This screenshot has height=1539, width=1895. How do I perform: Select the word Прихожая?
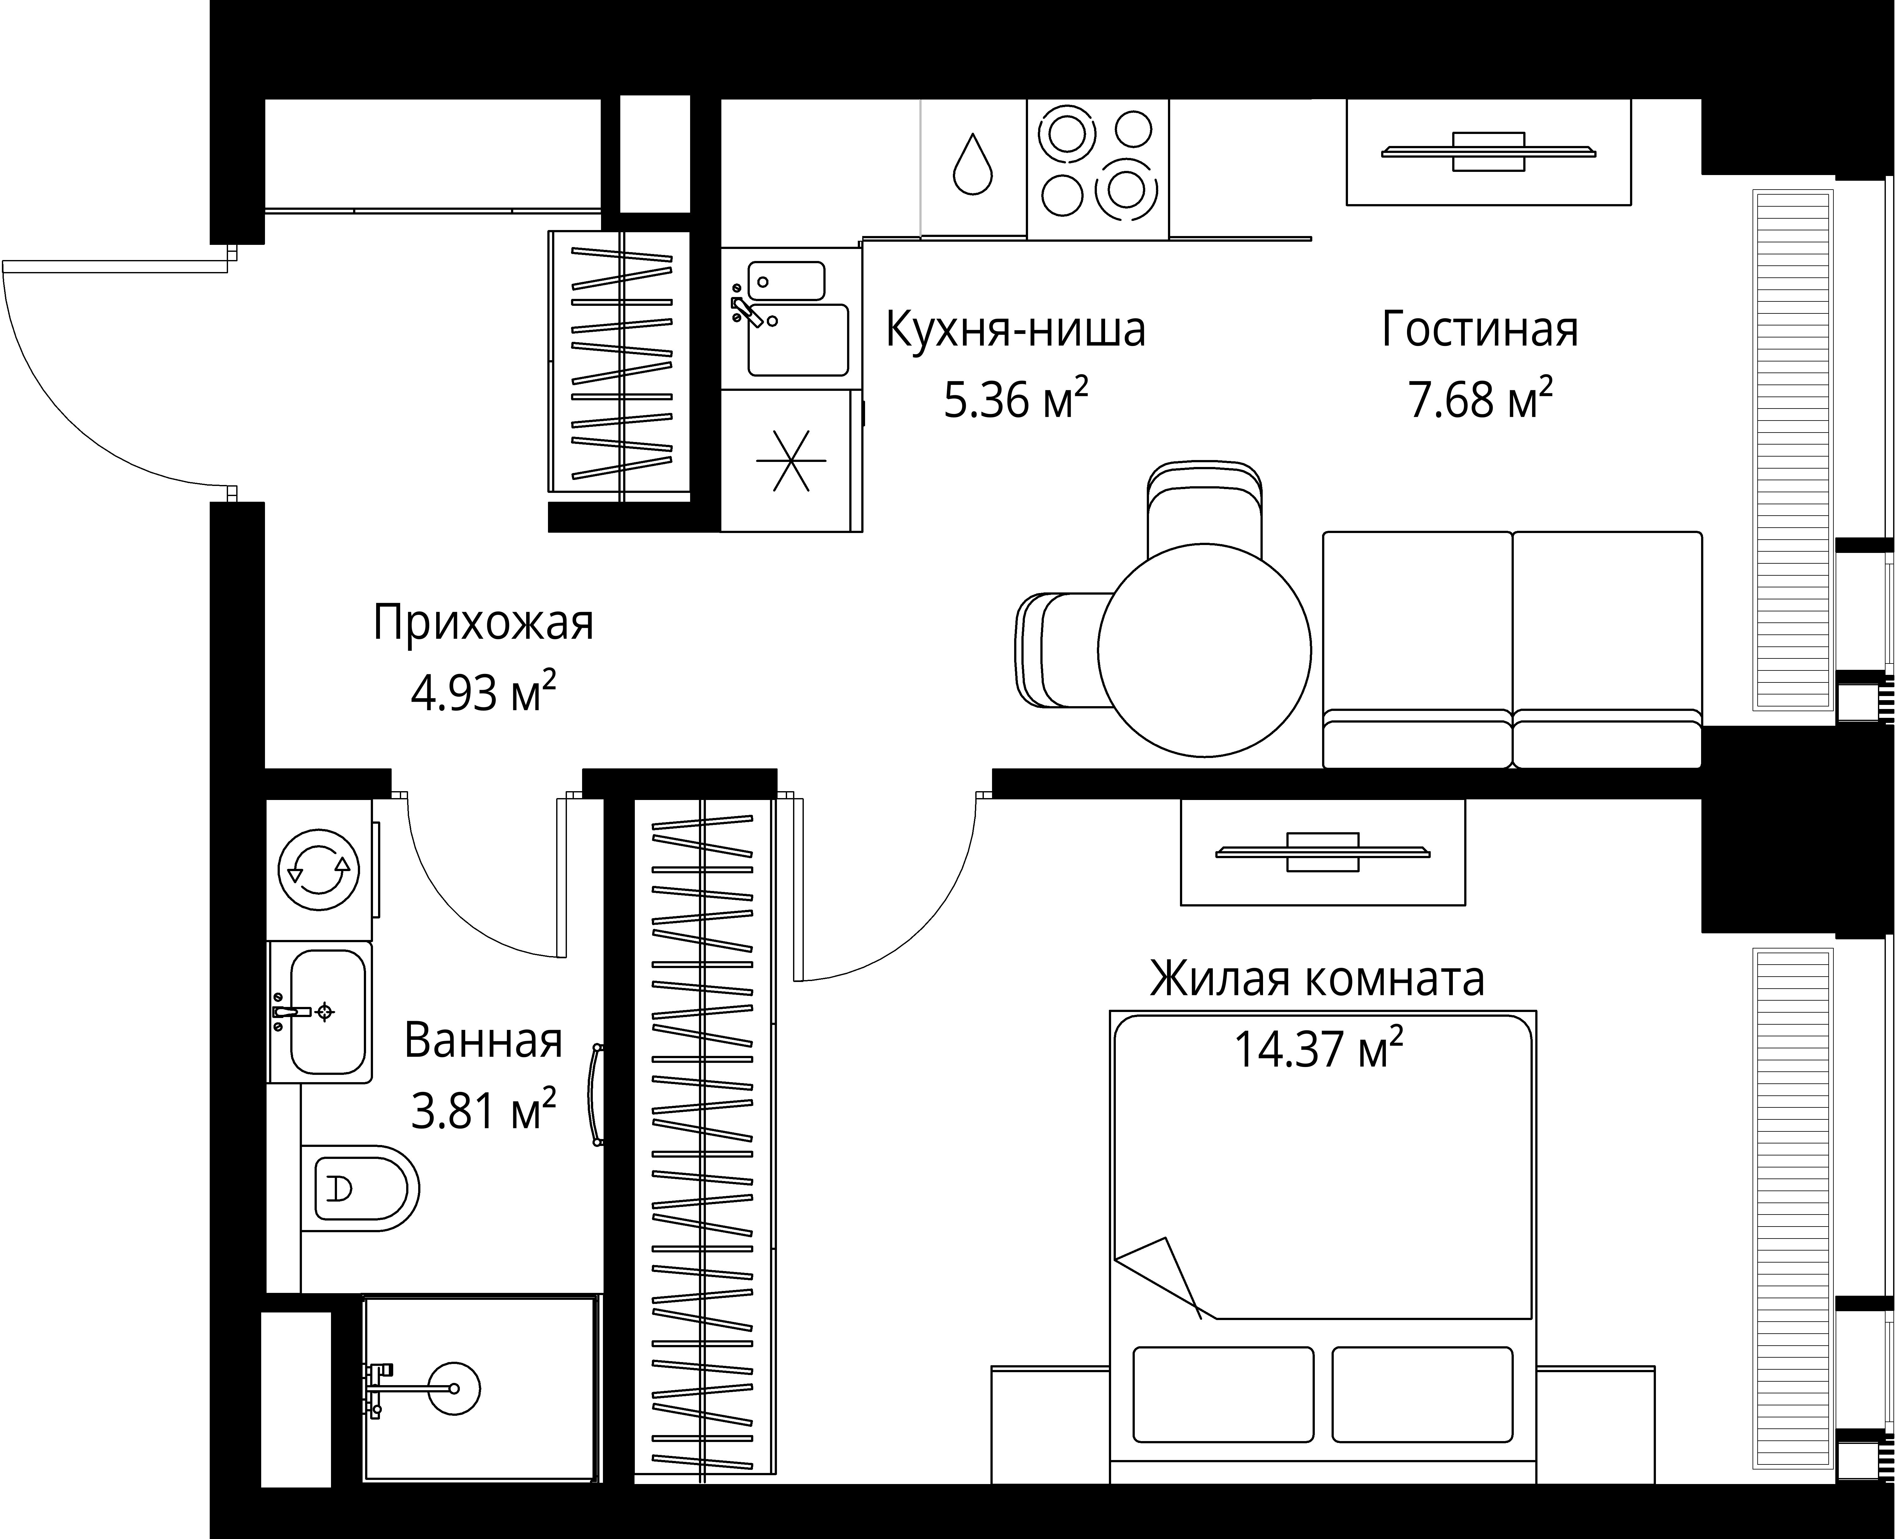click(x=483, y=623)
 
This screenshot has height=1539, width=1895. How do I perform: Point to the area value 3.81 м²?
click(x=483, y=1110)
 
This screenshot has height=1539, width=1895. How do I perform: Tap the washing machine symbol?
click(x=319, y=870)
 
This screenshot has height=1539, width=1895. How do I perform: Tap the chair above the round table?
click(x=1204, y=505)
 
